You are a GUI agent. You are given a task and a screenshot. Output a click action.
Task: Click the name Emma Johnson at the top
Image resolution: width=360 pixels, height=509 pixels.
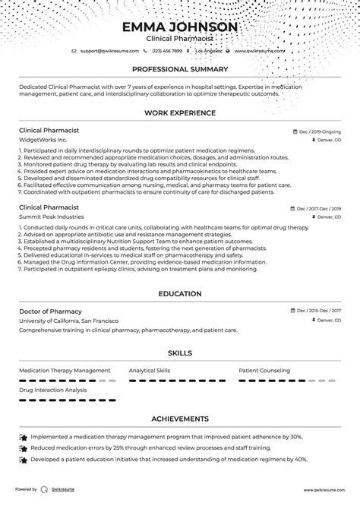180,27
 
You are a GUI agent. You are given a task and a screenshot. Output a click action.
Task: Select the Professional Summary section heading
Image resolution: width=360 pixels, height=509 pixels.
180,68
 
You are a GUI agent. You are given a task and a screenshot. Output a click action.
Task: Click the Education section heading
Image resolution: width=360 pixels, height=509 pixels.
180,293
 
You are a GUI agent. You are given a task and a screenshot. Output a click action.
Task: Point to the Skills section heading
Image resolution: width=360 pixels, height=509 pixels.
180,353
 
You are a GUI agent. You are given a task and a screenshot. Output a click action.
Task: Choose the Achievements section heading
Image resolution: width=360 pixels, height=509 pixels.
180,419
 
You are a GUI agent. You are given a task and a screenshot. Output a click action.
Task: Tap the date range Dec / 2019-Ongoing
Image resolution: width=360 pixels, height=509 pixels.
318,131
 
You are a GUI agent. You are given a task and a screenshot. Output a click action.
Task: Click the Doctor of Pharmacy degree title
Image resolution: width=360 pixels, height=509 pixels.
50,311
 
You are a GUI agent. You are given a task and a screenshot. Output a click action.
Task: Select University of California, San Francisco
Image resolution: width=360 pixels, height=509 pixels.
68,321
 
